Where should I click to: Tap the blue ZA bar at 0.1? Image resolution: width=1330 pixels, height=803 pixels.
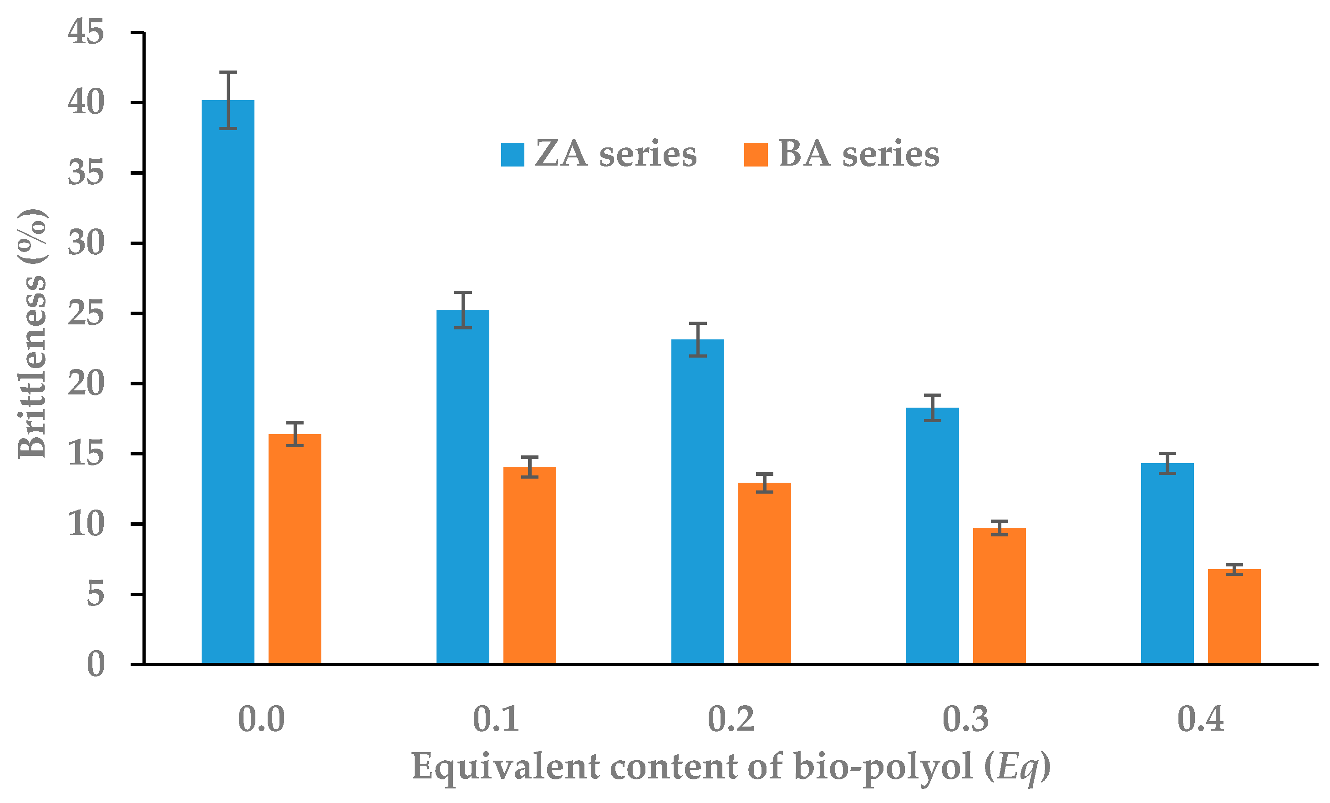tap(462, 486)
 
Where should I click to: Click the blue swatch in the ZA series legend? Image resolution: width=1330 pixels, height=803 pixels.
tap(512, 155)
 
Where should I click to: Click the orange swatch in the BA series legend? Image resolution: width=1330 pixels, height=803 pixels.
tap(756, 155)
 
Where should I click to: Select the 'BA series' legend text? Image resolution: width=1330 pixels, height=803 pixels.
tap(859, 154)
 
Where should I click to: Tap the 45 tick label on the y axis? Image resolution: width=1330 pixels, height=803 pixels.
tap(85, 32)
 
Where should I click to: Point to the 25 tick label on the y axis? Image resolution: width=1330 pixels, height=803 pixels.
tap(85, 313)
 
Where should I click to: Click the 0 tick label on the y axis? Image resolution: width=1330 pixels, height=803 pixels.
tap(96, 664)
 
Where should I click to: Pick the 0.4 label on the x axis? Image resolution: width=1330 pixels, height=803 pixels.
tap(1200, 719)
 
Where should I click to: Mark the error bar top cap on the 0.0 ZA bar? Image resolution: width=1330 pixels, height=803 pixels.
tap(228, 72)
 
